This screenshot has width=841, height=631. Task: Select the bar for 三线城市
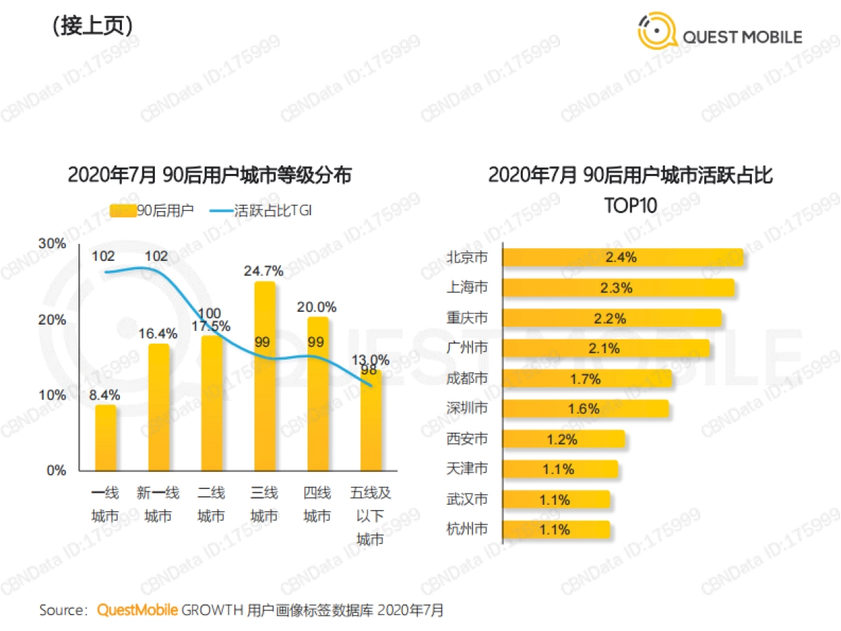pos(264,375)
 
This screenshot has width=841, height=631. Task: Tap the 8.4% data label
pos(105,393)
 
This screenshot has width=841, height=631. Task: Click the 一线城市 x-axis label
pos(105,505)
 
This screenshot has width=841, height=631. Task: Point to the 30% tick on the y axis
pos(52,244)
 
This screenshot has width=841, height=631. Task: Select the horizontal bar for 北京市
pos(622,257)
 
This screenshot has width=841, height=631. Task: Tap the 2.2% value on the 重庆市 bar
pos(609,318)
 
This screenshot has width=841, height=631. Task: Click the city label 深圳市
pos(467,408)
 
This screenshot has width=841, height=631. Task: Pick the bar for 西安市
pos(563,439)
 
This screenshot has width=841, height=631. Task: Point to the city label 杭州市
pos(467,529)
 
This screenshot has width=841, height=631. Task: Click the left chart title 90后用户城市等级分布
pos(210,174)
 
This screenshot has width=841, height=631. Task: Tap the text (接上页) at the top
pos(92,26)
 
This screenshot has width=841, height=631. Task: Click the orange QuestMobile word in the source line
pos(137,610)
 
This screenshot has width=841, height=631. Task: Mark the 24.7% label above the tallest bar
pos(264,270)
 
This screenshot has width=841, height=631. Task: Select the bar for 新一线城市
pos(158,407)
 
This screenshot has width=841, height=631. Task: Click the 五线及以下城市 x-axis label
pos(370,516)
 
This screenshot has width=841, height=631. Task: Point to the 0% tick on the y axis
pos(56,470)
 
